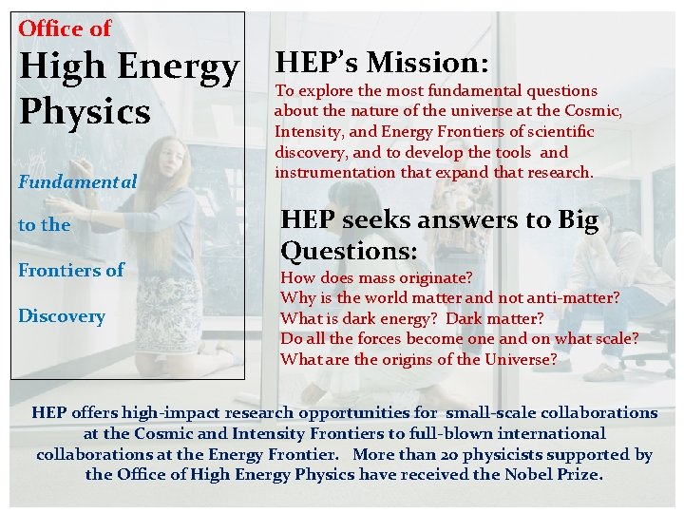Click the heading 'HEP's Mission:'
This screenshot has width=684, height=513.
[382, 63]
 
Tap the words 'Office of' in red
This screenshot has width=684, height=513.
[65, 28]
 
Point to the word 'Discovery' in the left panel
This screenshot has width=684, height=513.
[62, 316]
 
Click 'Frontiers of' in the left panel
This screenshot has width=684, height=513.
[71, 271]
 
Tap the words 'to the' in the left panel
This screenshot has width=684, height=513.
[44, 225]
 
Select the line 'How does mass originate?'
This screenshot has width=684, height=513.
[376, 277]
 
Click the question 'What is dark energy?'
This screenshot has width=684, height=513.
[360, 318]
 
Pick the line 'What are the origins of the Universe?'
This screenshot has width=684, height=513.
[418, 359]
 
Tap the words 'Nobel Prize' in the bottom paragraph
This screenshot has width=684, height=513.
[555, 474]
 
